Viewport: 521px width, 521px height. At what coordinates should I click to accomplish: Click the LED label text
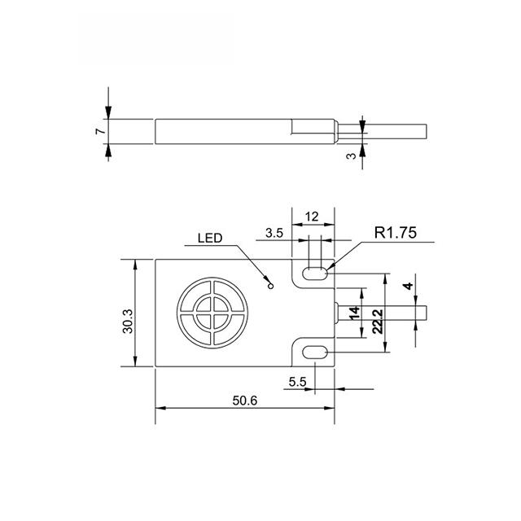tap(210, 239)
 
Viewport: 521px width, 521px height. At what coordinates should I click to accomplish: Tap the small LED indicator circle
tap(271, 286)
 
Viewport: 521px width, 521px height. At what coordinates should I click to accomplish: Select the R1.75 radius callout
tap(395, 233)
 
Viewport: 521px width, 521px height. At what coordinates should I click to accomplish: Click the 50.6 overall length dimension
tap(244, 401)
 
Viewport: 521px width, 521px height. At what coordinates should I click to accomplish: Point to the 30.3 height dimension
tap(128, 321)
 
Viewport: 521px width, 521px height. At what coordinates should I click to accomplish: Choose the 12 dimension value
tap(312, 217)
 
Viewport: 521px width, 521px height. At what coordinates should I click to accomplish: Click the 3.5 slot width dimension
tap(274, 234)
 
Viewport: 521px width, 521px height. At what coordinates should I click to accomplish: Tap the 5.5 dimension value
tap(297, 382)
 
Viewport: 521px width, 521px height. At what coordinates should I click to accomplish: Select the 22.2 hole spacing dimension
tap(378, 322)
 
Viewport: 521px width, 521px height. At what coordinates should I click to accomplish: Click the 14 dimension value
tap(355, 313)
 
